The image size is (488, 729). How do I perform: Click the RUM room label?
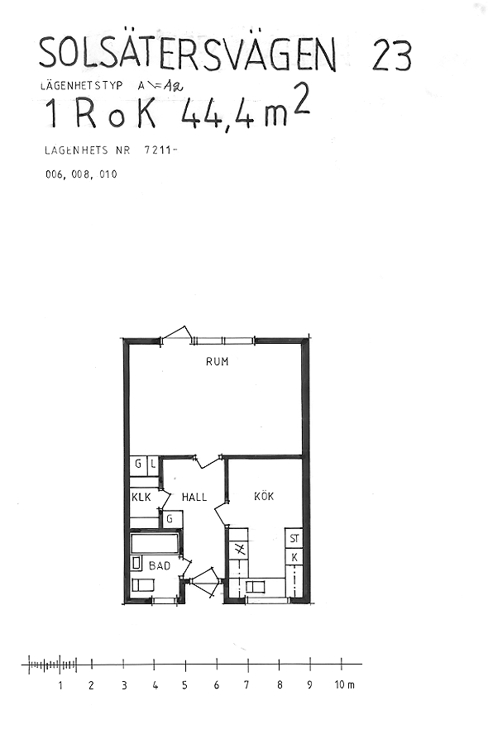tap(218, 361)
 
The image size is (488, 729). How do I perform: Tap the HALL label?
tap(194, 497)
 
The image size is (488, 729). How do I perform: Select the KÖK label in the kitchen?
tap(264, 496)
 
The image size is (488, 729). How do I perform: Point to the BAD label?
tap(160, 566)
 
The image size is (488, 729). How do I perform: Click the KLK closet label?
tap(141, 497)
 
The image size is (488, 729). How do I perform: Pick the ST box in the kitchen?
tap(294, 538)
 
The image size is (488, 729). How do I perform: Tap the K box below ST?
tap(294, 556)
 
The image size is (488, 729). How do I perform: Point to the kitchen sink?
tap(255, 586)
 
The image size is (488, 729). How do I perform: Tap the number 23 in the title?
tap(392, 56)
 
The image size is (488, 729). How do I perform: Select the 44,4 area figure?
tap(218, 116)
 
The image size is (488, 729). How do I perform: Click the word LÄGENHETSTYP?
tap(81, 86)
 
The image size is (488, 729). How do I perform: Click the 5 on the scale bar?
tap(184, 685)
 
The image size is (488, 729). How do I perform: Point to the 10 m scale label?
tap(345, 684)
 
